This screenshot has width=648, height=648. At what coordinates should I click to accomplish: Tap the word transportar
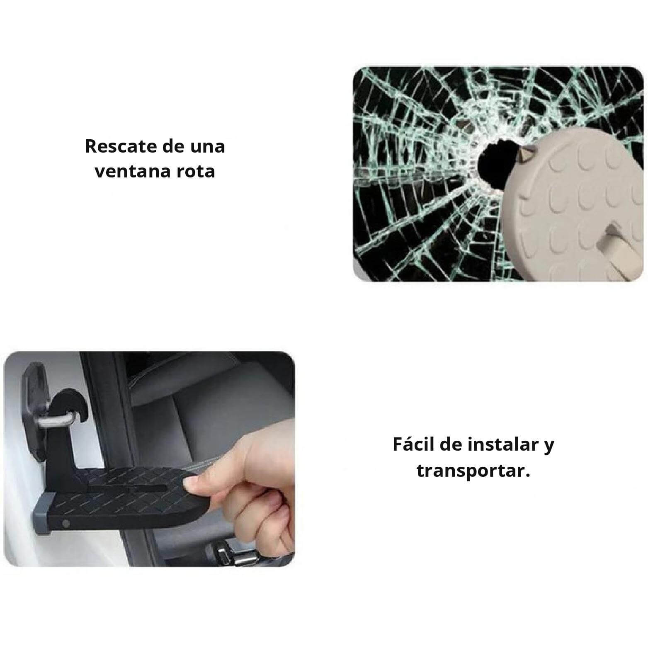(473, 471)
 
